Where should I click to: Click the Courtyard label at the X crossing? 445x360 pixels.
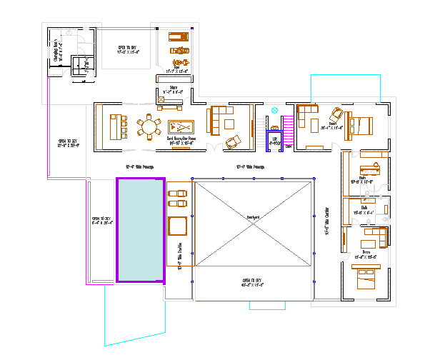point(253,216)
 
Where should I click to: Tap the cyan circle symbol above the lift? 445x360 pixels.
point(275,111)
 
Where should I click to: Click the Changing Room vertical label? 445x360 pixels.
point(56,51)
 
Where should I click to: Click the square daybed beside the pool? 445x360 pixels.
point(177,226)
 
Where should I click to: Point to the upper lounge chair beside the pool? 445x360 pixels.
point(177,193)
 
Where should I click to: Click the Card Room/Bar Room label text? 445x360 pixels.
point(181,140)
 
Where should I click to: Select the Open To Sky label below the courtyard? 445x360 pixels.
point(253,282)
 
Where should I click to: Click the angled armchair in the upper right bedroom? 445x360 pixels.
point(335,114)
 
